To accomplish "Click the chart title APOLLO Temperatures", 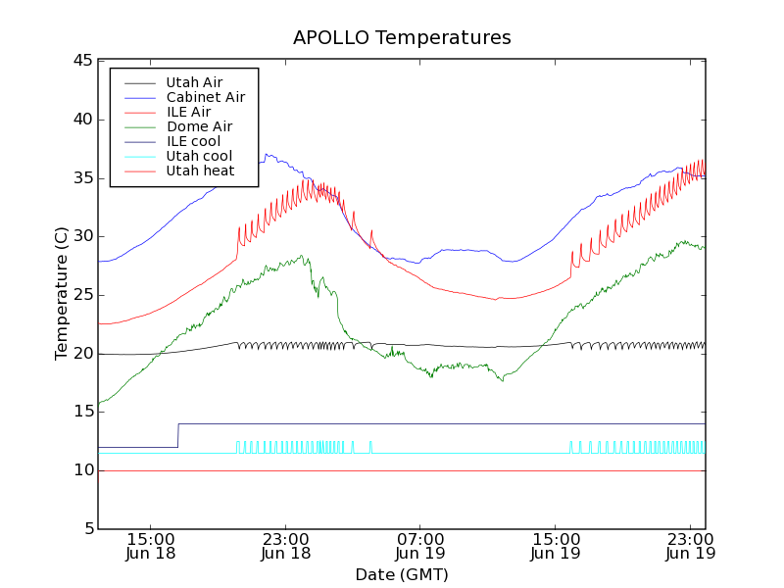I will [x=402, y=38].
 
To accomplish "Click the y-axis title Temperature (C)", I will [x=61, y=294].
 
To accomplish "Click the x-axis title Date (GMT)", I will [x=402, y=574].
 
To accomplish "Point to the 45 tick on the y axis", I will [x=80, y=61].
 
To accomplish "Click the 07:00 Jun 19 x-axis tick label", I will [x=420, y=546].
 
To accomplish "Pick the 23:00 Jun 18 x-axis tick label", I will [x=285, y=546].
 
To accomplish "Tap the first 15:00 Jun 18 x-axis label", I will [x=150, y=546].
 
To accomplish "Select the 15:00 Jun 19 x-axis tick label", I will [x=556, y=546].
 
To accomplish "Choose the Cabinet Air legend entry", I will [x=205, y=97].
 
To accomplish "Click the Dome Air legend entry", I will [x=199, y=126].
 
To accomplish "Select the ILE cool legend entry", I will [x=193, y=141].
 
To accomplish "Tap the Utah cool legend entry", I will [x=199, y=156].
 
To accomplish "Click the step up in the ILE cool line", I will [x=177, y=435].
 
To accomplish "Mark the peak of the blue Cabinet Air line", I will [x=266, y=154].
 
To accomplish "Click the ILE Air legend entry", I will [x=188, y=112].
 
